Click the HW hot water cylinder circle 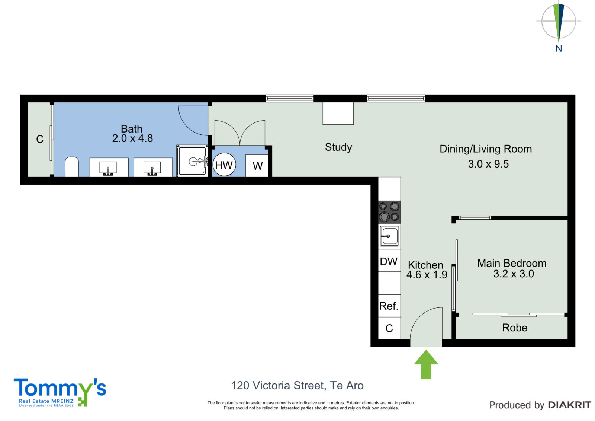pyautogui.click(x=224, y=165)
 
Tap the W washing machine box pyautogui.click(x=257, y=165)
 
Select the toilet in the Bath pyautogui.click(x=72, y=167)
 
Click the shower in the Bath pyautogui.click(x=192, y=161)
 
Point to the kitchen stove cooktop pyautogui.click(x=389, y=212)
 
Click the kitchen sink pyautogui.click(x=389, y=236)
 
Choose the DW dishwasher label pyautogui.click(x=389, y=262)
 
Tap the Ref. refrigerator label pyautogui.click(x=389, y=306)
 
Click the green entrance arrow pyautogui.click(x=426, y=364)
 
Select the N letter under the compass pyautogui.click(x=559, y=48)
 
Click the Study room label pyautogui.click(x=338, y=147)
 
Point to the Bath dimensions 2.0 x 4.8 pyautogui.click(x=132, y=138)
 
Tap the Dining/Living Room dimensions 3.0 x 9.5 pyautogui.click(x=488, y=164)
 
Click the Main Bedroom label pyautogui.click(x=512, y=263)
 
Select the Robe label pyautogui.click(x=515, y=328)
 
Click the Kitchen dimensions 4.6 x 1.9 pyautogui.click(x=427, y=275)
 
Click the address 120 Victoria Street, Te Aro pyautogui.click(x=297, y=386)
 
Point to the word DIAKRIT pyautogui.click(x=569, y=405)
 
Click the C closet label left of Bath pyautogui.click(x=40, y=139)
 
